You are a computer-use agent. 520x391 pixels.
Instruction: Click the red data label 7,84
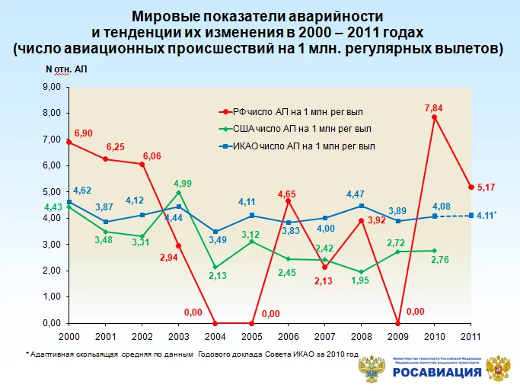(434, 107)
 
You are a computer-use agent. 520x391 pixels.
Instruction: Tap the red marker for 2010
(434, 117)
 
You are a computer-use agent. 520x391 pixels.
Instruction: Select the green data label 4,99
(182, 183)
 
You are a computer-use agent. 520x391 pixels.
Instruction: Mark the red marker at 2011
(472, 187)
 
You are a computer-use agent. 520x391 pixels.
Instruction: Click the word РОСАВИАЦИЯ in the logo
(437, 373)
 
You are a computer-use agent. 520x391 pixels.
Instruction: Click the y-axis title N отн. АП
(67, 69)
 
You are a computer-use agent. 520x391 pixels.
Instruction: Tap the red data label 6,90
(83, 133)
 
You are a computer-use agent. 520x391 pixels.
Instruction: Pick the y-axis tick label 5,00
(49, 192)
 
